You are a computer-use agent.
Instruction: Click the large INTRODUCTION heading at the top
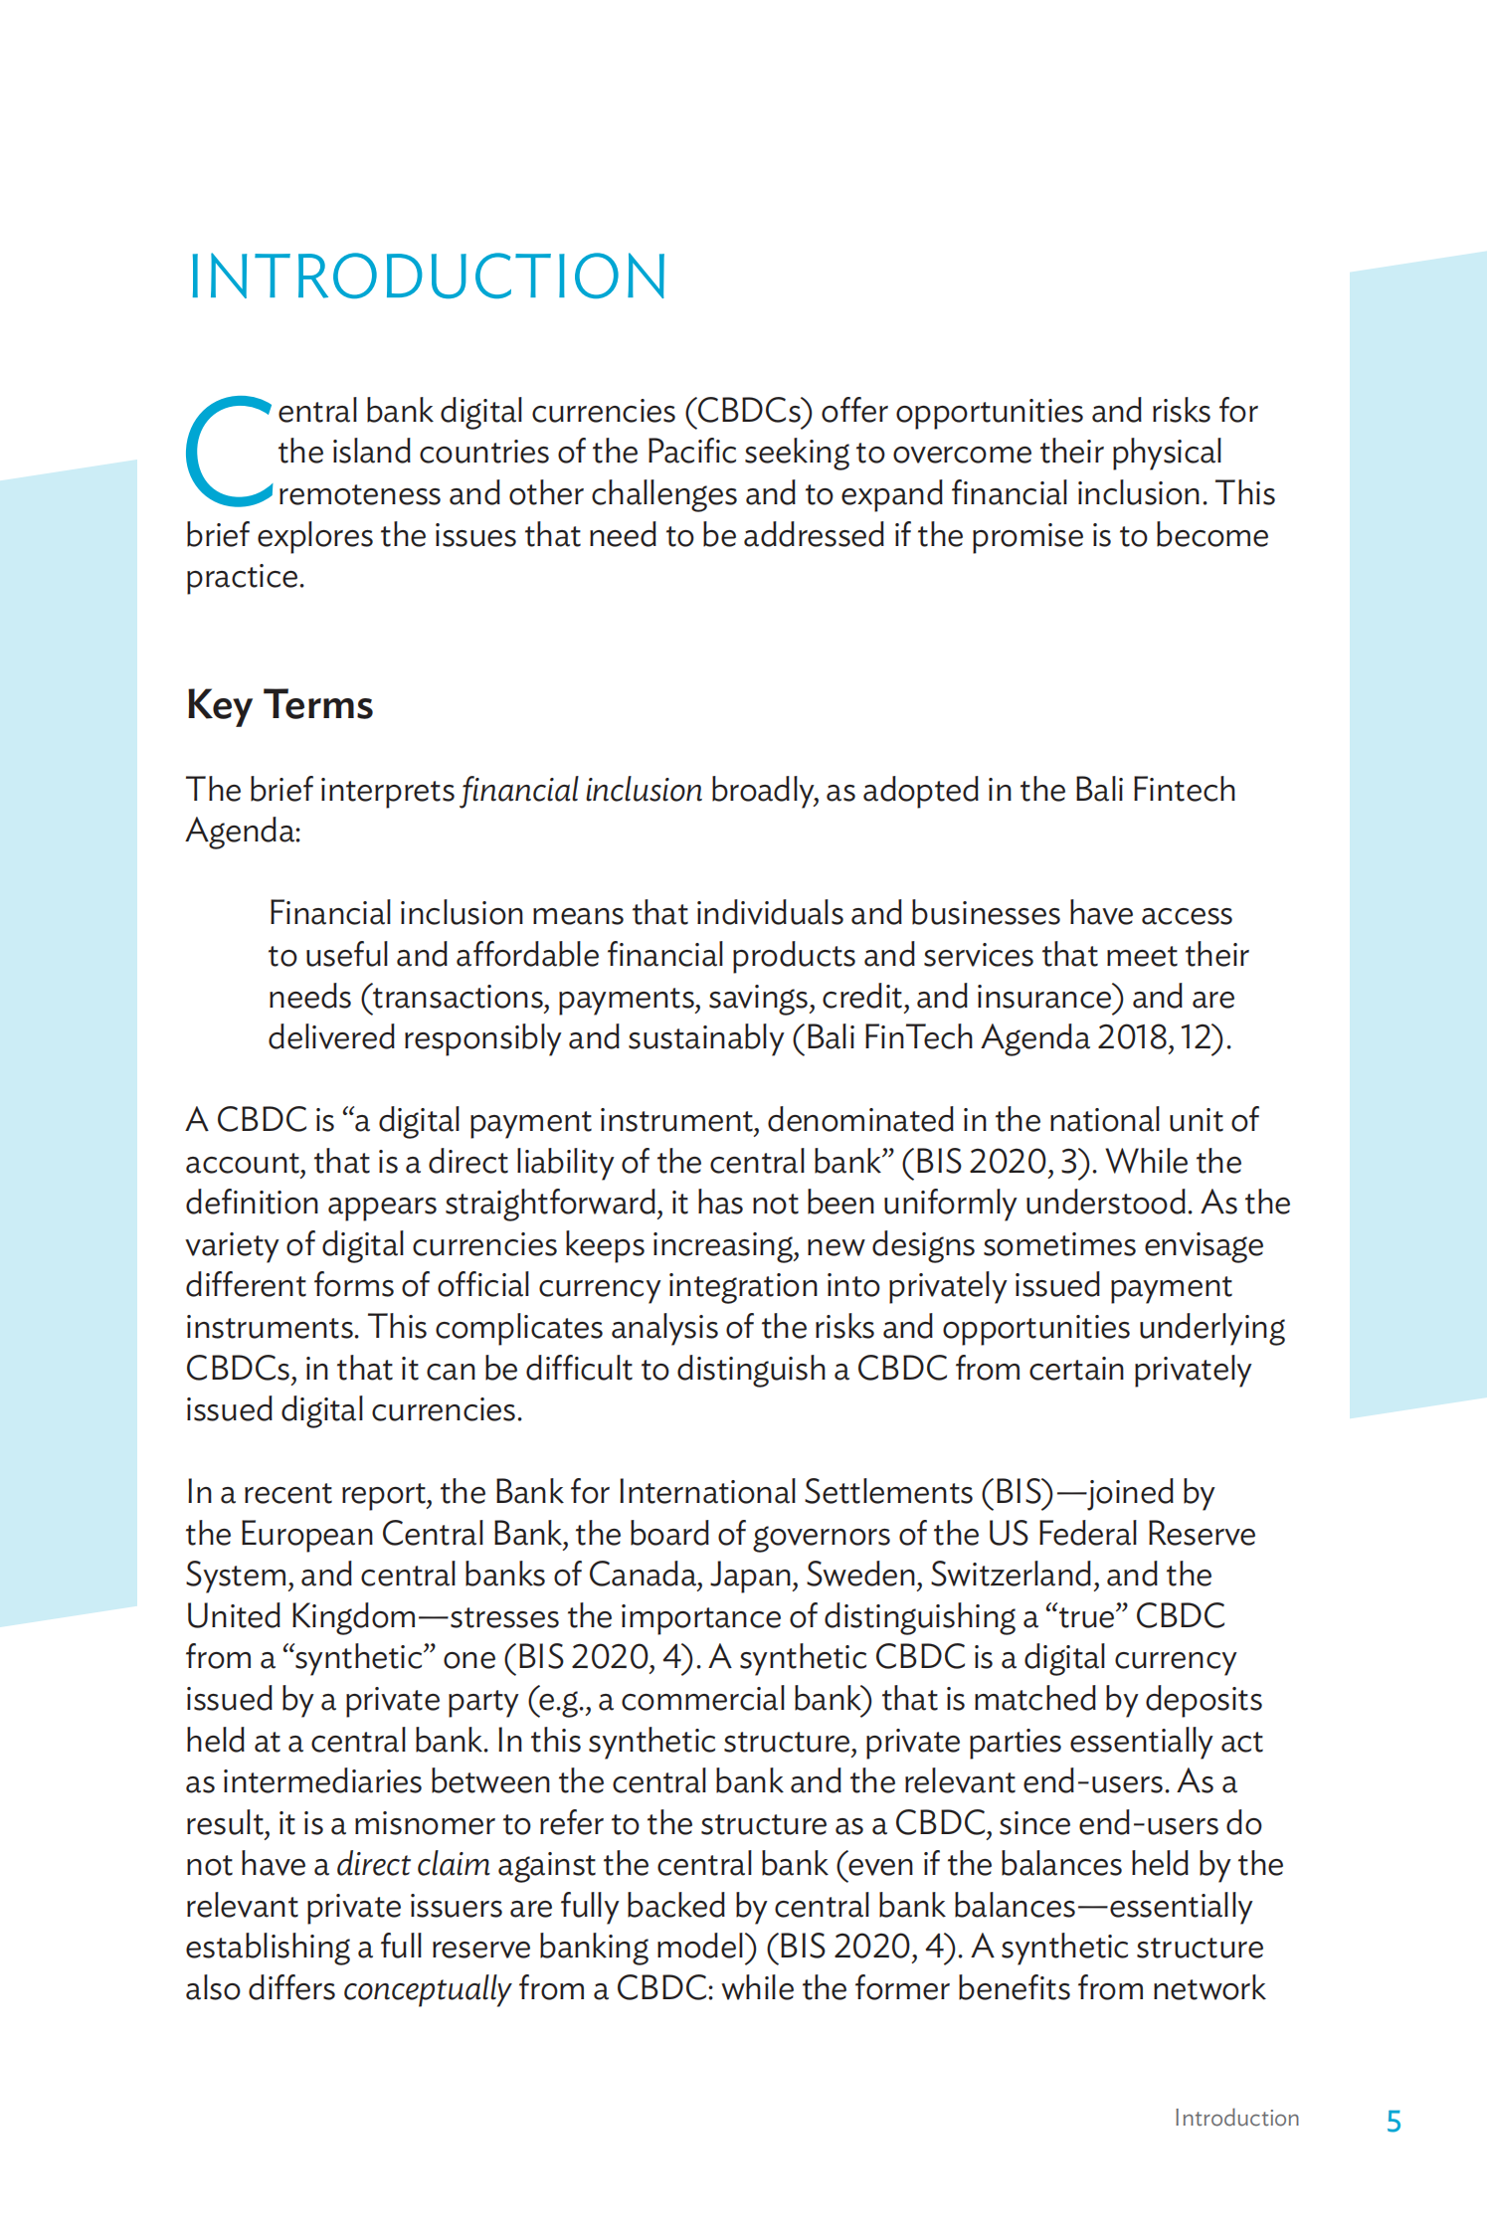pos(428,277)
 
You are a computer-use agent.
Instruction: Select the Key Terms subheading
pos(279,704)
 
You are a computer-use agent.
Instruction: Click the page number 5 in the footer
pos(1394,2122)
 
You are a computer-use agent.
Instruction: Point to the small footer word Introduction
pos(1236,2118)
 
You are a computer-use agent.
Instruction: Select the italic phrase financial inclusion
pos(582,790)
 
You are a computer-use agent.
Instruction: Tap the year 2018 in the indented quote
pos(1133,1037)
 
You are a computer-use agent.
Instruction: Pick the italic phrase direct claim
pos(413,1864)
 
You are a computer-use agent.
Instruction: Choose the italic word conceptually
pos(427,1988)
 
